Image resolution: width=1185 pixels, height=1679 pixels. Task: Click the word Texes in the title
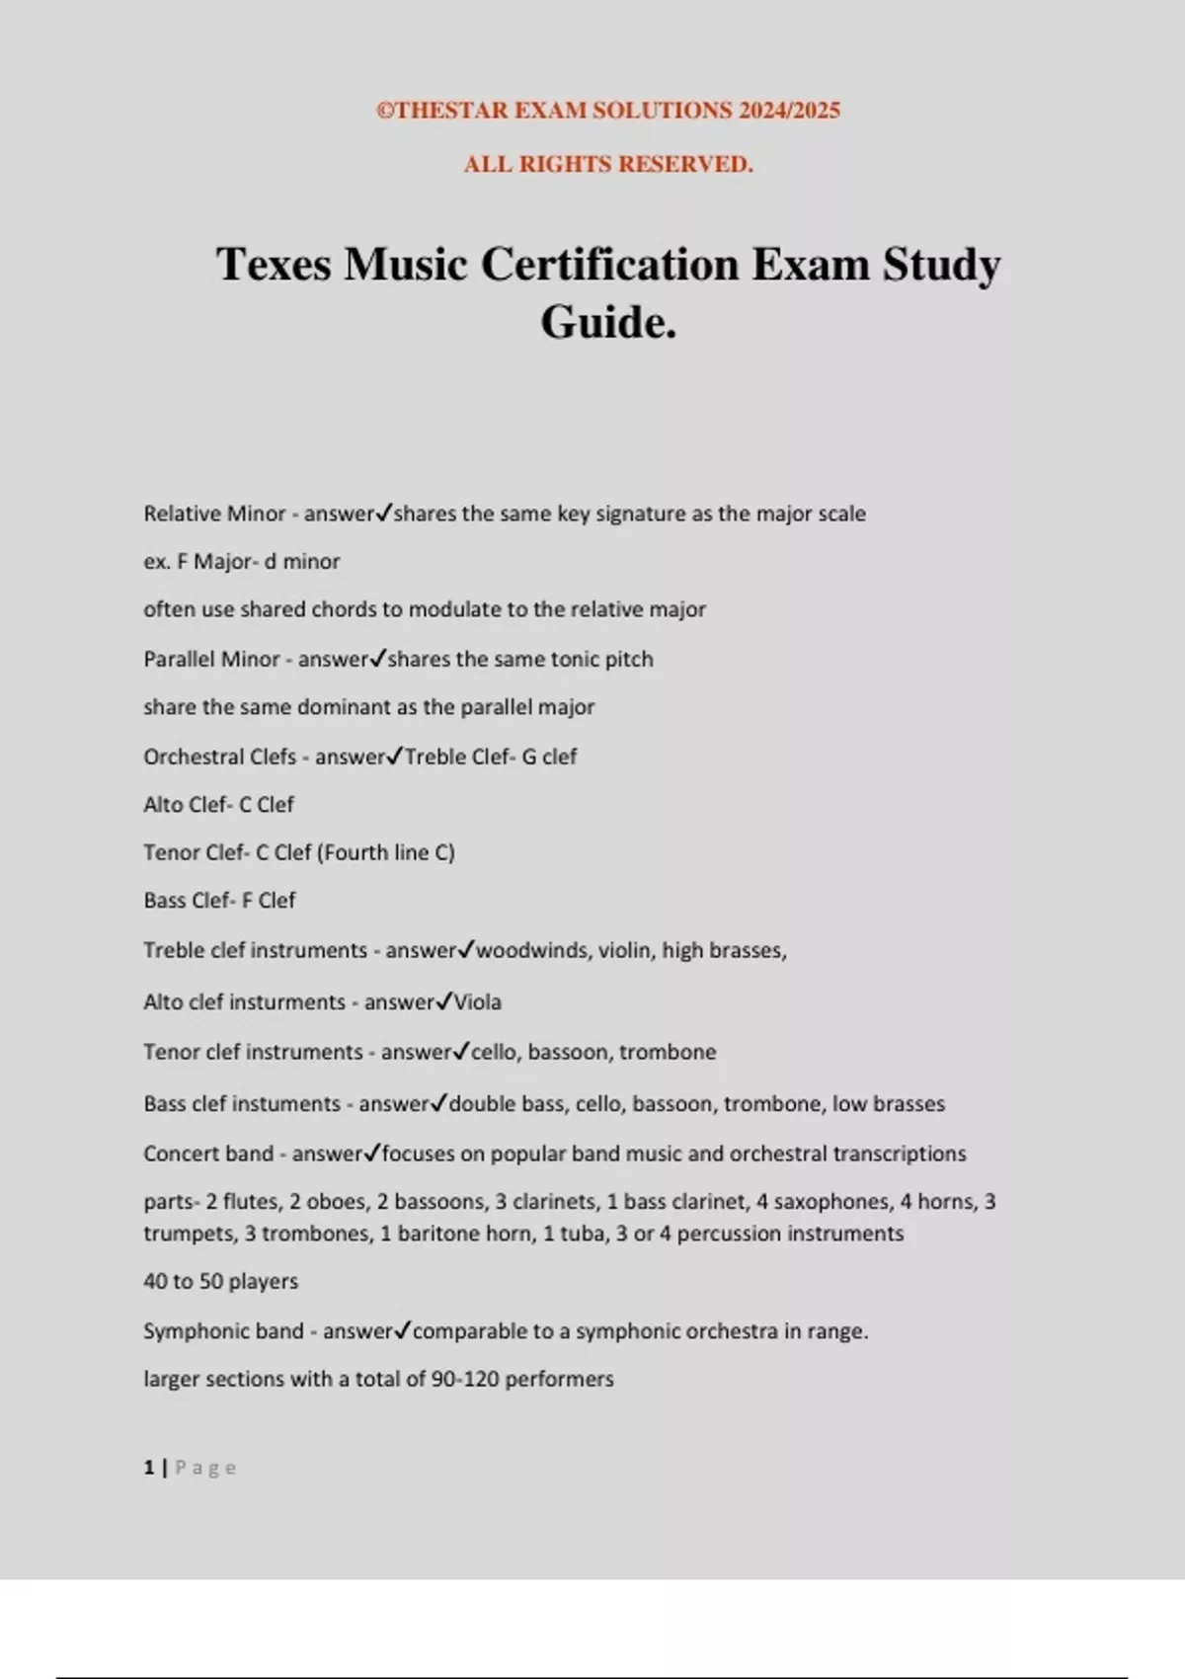[x=274, y=265]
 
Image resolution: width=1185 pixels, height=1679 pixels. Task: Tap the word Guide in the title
[x=602, y=322]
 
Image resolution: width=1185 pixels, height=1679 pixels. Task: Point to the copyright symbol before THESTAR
[x=385, y=111]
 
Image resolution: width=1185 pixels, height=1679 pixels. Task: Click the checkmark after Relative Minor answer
[x=384, y=513]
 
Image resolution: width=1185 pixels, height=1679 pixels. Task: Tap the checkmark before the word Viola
[x=444, y=1000]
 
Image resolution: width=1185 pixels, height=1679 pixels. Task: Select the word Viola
[x=478, y=1002]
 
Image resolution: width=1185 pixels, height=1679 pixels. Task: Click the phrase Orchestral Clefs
[x=219, y=757]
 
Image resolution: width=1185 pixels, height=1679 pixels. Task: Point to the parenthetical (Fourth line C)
[x=389, y=852]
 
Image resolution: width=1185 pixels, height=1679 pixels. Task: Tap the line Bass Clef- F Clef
[x=219, y=900]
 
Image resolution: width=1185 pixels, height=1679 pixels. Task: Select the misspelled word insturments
[x=285, y=1002]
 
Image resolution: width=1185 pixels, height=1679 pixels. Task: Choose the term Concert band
[x=208, y=1154]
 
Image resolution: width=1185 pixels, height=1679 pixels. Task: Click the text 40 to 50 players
[x=220, y=1281]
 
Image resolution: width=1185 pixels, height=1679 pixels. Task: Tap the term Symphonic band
[x=223, y=1331]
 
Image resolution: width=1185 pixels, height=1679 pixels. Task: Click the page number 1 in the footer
[x=149, y=1468]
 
